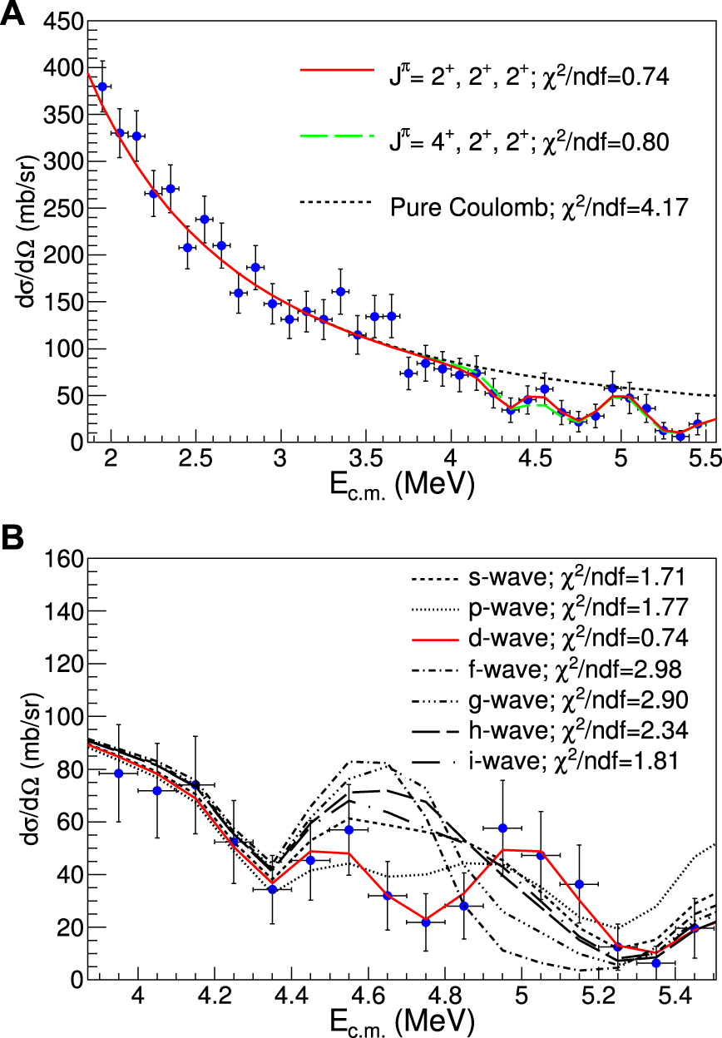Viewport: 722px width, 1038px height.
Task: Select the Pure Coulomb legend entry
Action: pos(538,206)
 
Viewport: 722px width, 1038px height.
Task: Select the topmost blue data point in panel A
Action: pos(102,86)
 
